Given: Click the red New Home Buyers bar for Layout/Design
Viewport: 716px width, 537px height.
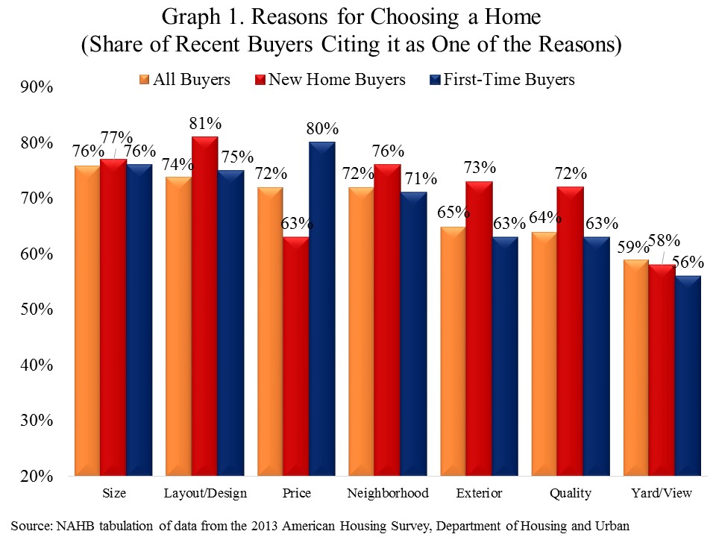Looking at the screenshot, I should [x=204, y=306].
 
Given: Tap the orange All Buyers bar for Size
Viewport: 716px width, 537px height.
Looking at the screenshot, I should [x=87, y=320].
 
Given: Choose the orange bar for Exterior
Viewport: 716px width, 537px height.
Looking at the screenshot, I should [x=453, y=351].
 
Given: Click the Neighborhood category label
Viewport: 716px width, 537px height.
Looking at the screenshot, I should [x=389, y=494].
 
